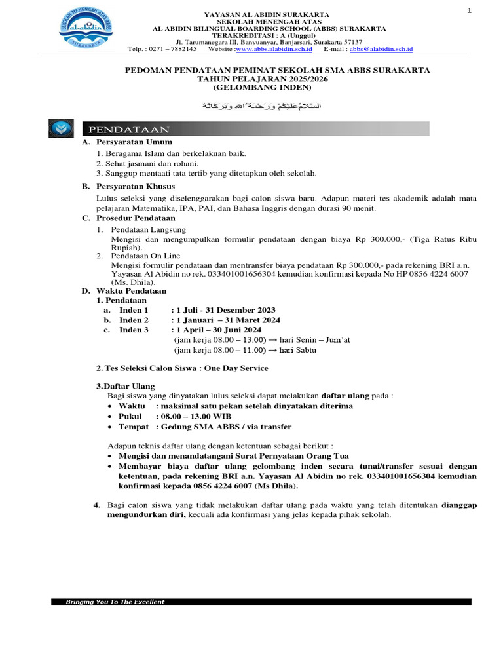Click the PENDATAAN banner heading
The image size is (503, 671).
(x=130, y=129)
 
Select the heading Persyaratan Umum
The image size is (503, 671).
(x=134, y=142)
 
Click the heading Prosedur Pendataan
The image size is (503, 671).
(x=136, y=218)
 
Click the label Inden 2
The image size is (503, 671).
(x=134, y=320)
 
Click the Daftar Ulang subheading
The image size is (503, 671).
(x=128, y=387)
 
